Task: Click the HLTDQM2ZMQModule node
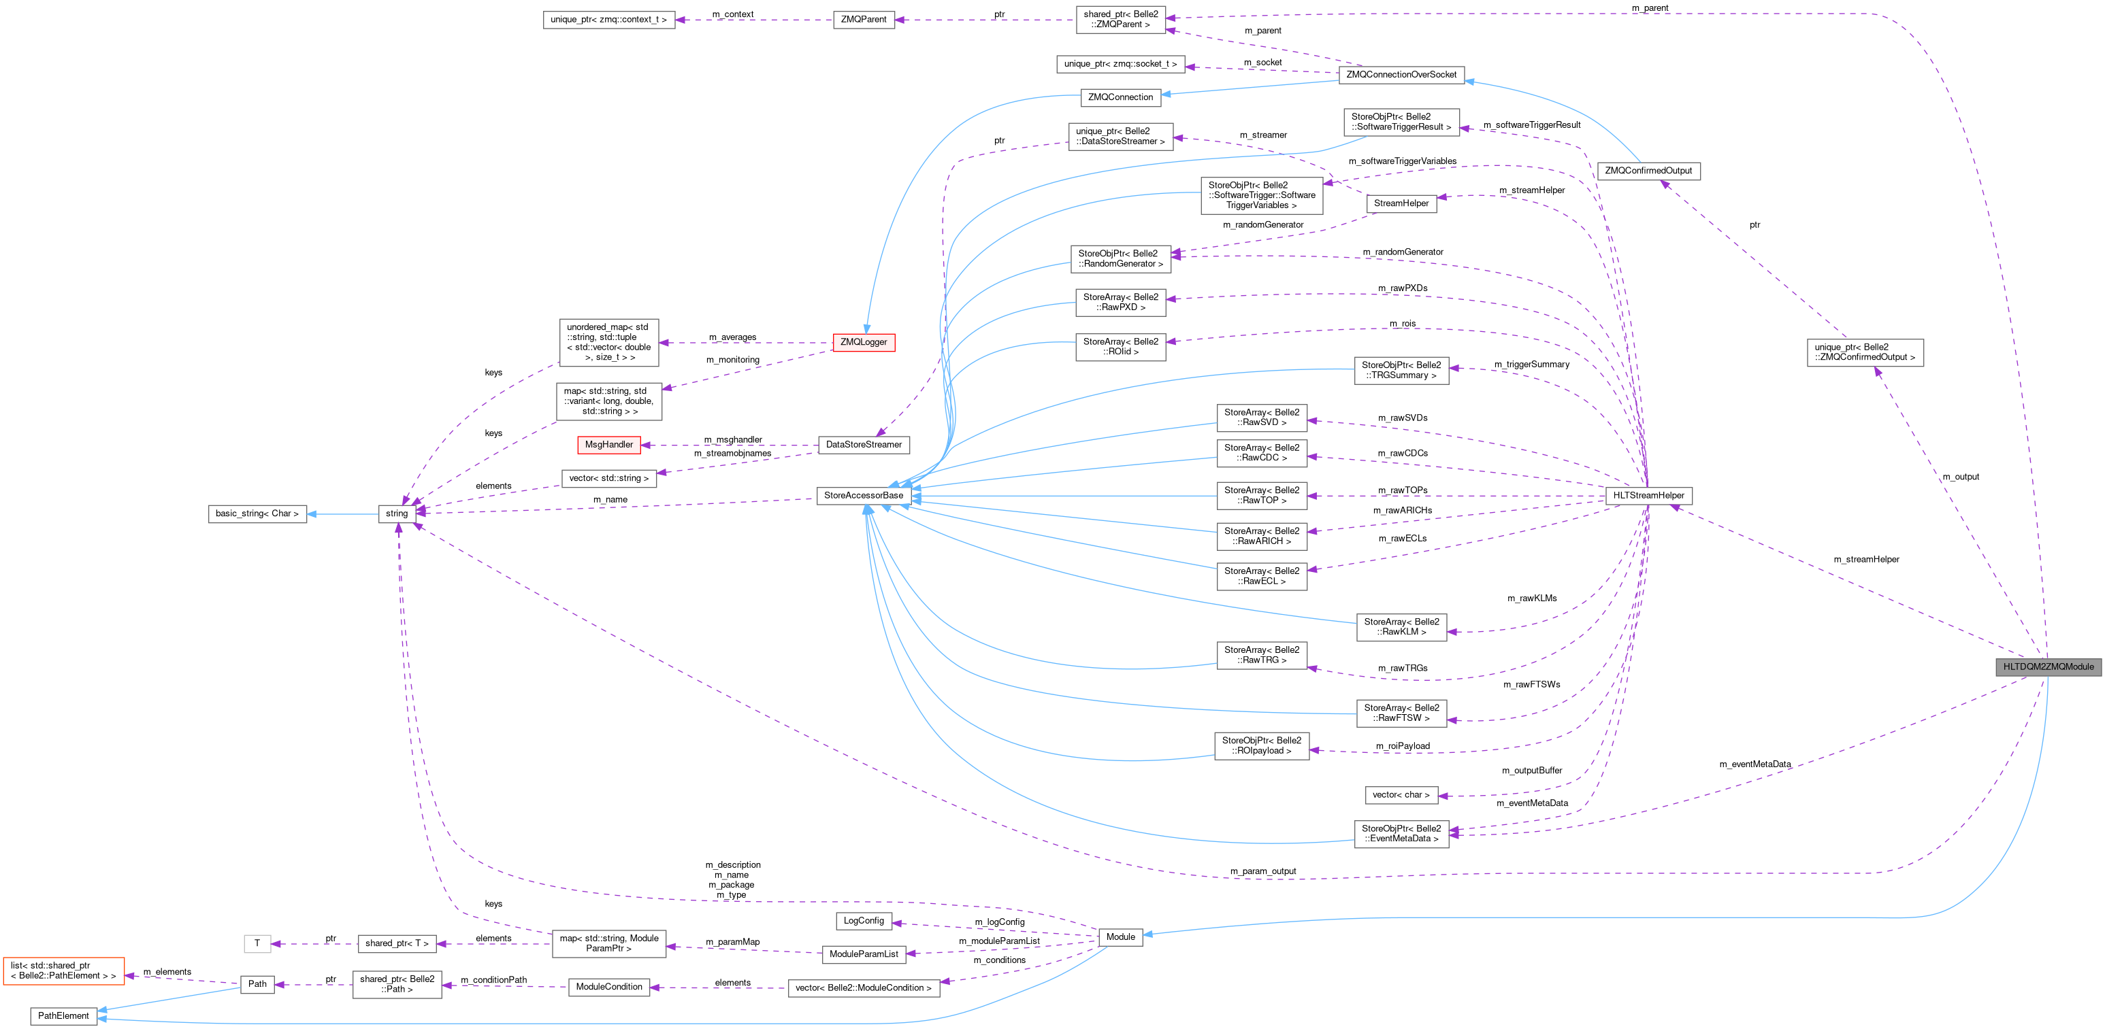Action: click(x=2048, y=667)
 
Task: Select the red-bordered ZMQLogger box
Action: click(x=863, y=342)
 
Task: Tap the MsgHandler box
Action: click(x=609, y=445)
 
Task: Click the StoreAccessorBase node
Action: click(x=863, y=496)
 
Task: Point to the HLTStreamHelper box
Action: click(x=1648, y=496)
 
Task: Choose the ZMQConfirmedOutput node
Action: click(x=1648, y=171)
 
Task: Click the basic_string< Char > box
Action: click(x=257, y=513)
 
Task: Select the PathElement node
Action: click(x=63, y=1016)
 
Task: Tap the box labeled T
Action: click(x=257, y=943)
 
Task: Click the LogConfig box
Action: click(x=863, y=920)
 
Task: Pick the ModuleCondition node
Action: click(x=609, y=987)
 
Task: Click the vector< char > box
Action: click(x=1401, y=794)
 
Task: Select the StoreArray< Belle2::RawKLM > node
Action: click(x=1401, y=627)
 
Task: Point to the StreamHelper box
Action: click(x=1401, y=203)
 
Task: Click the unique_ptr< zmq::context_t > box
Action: click(x=609, y=20)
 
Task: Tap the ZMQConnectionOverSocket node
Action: click(x=1401, y=74)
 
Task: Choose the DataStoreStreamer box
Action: click(x=863, y=445)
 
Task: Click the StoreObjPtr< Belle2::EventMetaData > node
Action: click(x=1401, y=834)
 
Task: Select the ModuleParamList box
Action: click(x=863, y=954)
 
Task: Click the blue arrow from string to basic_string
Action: click(x=343, y=513)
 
